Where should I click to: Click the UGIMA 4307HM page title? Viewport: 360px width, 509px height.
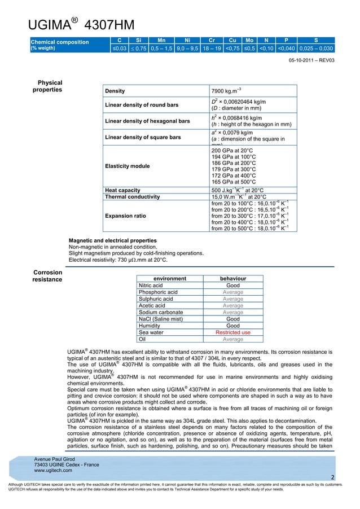[81, 24]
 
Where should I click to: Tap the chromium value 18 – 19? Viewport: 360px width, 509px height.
[212, 49]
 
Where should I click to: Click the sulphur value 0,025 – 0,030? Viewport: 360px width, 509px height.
[317, 49]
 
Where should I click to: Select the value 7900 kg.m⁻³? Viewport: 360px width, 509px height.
[226, 91]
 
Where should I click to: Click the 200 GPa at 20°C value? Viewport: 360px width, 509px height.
[232, 152]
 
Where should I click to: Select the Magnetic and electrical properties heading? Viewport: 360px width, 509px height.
[112, 240]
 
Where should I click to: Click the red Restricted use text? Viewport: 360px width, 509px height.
[232, 332]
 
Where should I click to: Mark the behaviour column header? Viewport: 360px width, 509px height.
[232, 278]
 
